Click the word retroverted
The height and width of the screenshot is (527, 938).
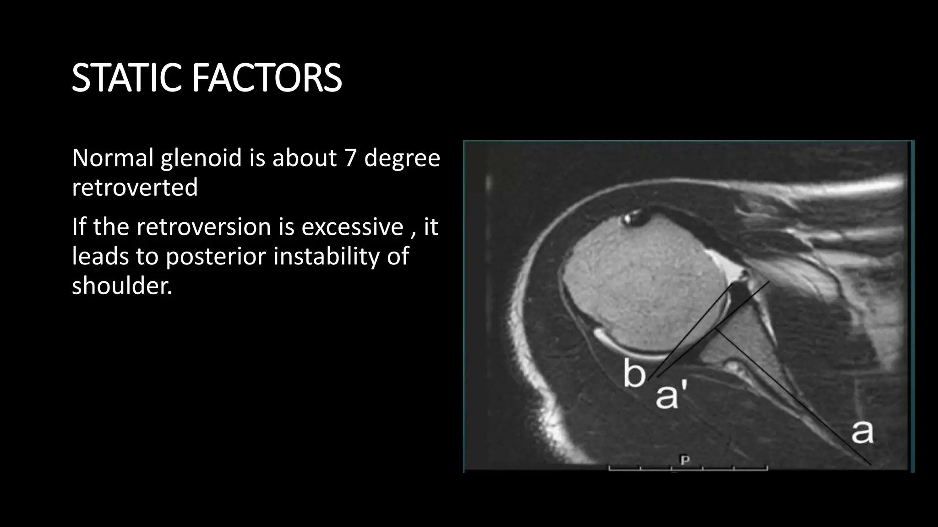[135, 187]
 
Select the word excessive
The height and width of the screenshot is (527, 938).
[352, 227]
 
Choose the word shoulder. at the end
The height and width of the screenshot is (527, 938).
[122, 285]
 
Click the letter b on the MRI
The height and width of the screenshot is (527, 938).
[634, 373]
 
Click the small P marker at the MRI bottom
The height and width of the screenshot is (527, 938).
[685, 459]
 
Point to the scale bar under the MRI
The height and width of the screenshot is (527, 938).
[687, 468]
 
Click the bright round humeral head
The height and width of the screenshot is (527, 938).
[641, 293]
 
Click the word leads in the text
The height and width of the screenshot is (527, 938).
[100, 256]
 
